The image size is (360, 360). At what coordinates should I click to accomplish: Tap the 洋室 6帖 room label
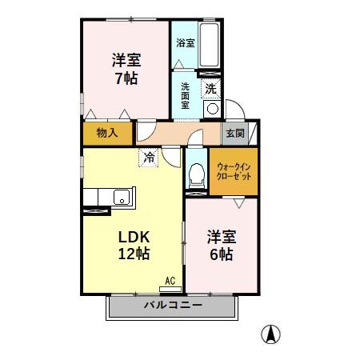220,246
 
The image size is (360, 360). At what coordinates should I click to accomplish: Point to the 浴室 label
185,43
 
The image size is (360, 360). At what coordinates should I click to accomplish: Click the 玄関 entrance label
235,133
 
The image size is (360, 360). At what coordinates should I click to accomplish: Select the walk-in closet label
234,172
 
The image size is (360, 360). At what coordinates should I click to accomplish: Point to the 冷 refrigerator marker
149,158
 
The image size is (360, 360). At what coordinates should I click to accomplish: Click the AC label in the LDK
170,280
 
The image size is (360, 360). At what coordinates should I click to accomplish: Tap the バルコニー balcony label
174,306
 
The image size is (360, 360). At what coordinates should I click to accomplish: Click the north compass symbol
273,334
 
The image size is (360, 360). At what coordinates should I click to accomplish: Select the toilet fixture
196,174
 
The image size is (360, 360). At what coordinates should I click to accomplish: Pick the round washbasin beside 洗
212,109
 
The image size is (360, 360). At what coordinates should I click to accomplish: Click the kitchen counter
108,197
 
